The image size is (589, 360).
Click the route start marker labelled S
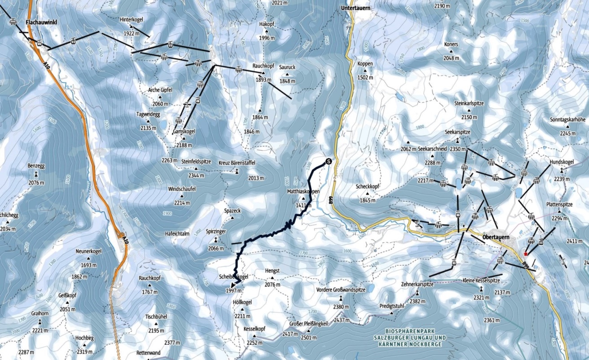pos(328,162)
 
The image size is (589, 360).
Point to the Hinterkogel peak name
pos(131,20)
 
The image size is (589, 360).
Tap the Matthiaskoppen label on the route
pos(303,192)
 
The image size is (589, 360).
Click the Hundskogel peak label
pos(562,162)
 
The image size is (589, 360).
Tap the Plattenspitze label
pos(559,204)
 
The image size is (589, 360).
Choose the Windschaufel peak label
pos(182,189)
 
